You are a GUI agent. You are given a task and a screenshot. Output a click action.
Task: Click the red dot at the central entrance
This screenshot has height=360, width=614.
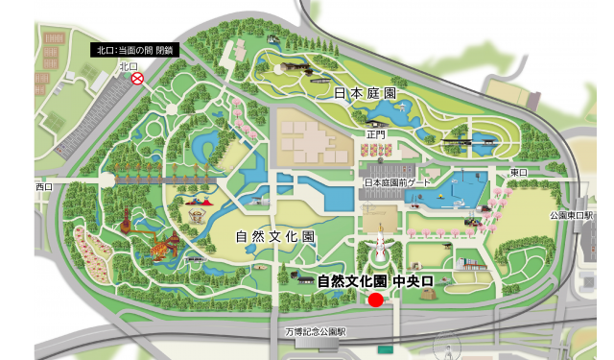[x=376, y=300]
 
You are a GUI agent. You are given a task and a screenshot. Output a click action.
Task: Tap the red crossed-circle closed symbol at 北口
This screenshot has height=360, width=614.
[x=137, y=80]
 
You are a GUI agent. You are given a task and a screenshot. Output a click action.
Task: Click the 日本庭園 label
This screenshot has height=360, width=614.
[x=366, y=93]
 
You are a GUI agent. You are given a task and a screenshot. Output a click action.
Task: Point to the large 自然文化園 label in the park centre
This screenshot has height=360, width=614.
[x=275, y=235]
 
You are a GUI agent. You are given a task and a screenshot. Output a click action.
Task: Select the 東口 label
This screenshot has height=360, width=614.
[x=519, y=172]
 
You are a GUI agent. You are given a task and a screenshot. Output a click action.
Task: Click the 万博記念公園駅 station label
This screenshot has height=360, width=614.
[x=314, y=331]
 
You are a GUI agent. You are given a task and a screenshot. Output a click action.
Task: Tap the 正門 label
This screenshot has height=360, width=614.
[x=375, y=135]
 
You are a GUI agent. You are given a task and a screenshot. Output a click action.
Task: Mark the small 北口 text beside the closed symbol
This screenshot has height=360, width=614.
[x=129, y=66]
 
